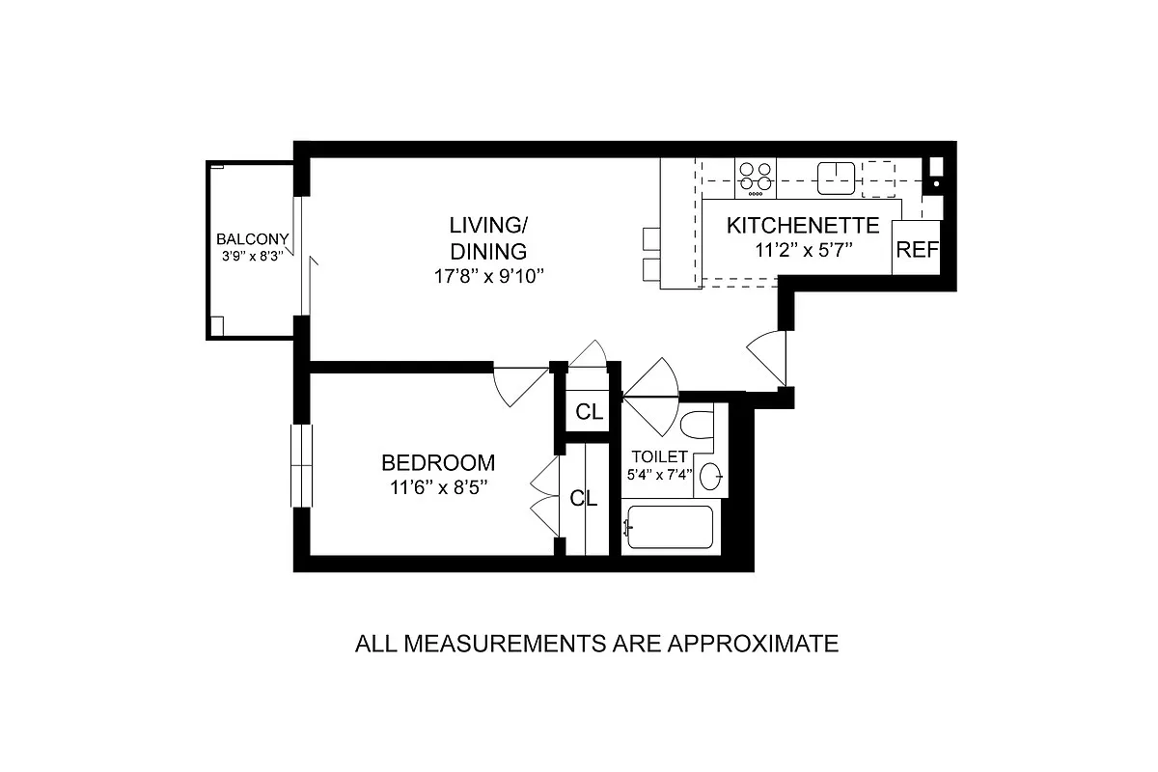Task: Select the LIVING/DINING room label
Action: click(x=488, y=238)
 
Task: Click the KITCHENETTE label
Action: click(x=803, y=226)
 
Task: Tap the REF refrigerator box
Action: click(x=917, y=249)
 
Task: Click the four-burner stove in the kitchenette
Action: click(x=755, y=177)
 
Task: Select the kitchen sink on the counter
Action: click(x=836, y=177)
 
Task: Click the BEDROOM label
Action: click(x=438, y=462)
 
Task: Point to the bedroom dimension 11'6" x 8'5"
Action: click(x=438, y=487)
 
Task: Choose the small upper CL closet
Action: click(x=589, y=412)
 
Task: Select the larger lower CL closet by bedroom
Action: click(x=584, y=498)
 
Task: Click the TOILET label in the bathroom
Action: click(x=659, y=456)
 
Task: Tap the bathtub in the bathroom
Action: click(x=670, y=527)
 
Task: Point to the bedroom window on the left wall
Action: click(x=302, y=465)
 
